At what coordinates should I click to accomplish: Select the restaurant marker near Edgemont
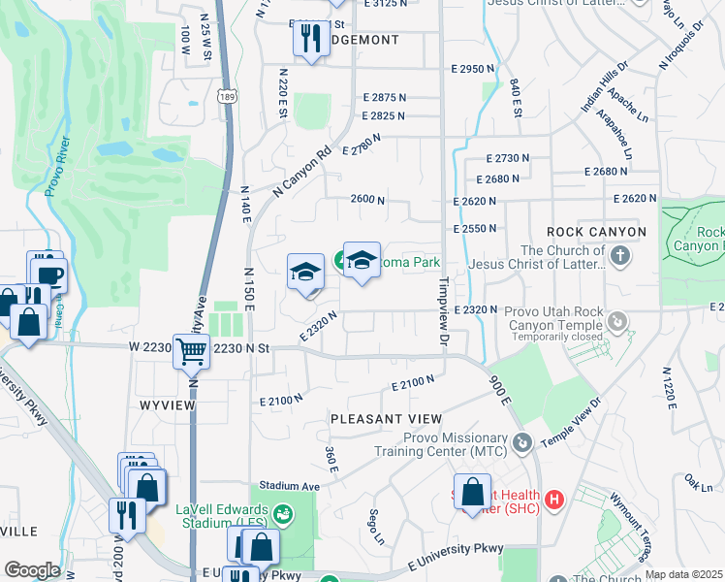pos(309,40)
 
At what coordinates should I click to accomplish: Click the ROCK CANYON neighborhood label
pos(596,232)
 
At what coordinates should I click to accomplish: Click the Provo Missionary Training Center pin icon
pos(523,444)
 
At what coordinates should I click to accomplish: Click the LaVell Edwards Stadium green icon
pos(283,512)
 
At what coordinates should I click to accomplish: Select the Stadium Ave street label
pos(289,485)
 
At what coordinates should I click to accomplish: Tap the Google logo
pos(31,569)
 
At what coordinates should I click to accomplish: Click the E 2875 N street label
pos(385,97)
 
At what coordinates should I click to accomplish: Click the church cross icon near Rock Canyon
pos(620,256)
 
